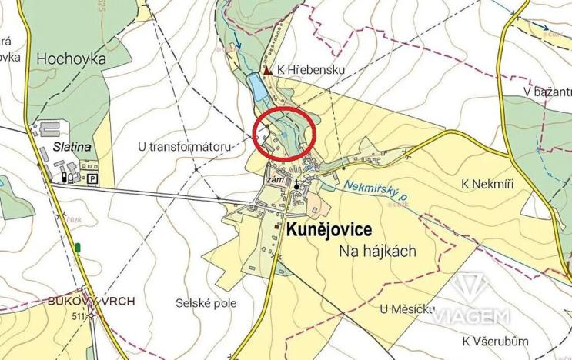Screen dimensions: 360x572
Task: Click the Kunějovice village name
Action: (329, 230)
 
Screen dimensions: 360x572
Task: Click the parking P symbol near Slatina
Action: (93, 178)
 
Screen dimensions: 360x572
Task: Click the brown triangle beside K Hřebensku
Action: (267, 70)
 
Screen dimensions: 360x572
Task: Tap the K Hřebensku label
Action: (313, 70)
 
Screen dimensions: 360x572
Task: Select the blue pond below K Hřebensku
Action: (258, 89)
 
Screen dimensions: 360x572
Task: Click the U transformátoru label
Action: (185, 145)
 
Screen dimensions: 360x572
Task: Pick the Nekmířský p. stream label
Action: (376, 192)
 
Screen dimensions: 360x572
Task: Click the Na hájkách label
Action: (377, 251)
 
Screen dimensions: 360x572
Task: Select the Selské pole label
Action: (206, 303)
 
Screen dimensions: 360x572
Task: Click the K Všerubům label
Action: (497, 341)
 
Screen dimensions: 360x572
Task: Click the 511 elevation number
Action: (78, 315)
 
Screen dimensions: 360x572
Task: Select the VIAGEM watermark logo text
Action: (470, 316)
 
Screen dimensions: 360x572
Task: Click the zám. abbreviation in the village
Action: (275, 181)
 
